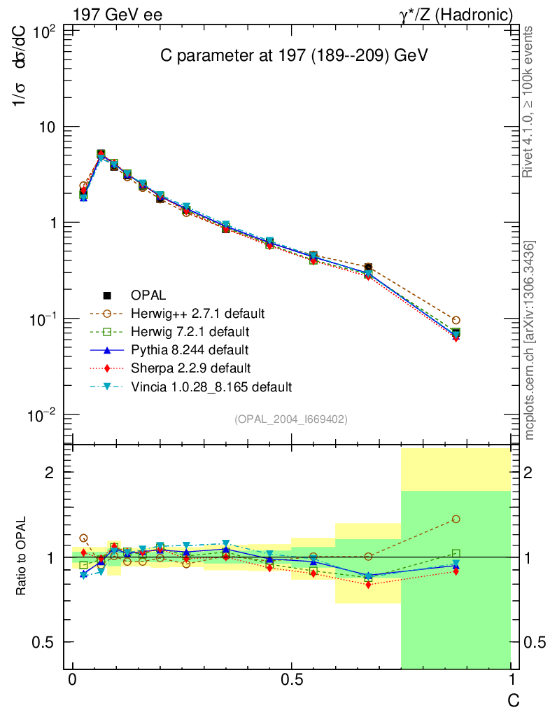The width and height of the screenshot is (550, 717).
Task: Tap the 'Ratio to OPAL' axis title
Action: [22, 556]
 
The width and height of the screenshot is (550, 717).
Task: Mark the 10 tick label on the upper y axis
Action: [46, 127]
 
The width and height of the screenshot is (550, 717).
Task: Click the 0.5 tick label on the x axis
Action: [291, 681]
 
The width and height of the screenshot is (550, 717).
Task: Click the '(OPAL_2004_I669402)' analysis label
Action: [291, 419]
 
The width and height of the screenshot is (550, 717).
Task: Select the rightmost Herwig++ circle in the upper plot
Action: [456, 320]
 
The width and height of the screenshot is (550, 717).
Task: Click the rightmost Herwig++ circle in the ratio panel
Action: [456, 519]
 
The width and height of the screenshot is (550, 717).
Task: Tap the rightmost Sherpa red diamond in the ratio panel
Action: [456, 571]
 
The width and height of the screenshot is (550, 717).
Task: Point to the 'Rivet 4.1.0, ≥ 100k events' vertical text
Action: [530, 102]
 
